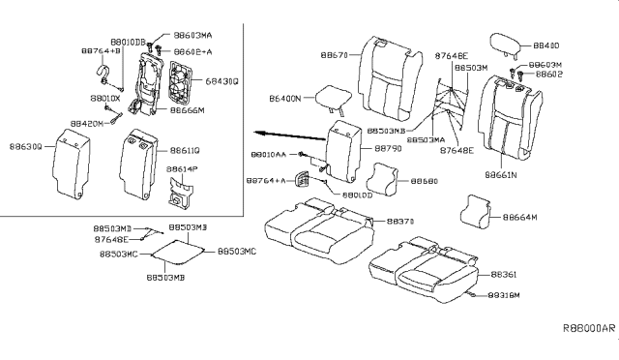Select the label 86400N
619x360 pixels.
285,98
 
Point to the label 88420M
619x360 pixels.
88,125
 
